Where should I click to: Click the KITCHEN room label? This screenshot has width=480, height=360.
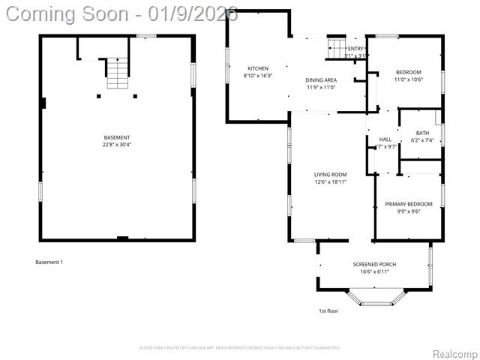pyautogui.click(x=257, y=69)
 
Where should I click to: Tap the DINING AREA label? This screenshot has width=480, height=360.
pyautogui.click(x=320, y=80)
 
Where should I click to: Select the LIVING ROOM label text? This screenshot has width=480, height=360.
pyautogui.click(x=330, y=175)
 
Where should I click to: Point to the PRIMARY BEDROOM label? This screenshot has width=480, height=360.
pyautogui.click(x=409, y=204)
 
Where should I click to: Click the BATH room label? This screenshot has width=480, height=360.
pyautogui.click(x=423, y=133)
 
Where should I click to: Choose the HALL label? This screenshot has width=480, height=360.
pyautogui.click(x=385, y=139)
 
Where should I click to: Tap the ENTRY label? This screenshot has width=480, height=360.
pyautogui.click(x=355, y=49)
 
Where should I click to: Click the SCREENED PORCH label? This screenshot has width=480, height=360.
pyautogui.click(x=374, y=265)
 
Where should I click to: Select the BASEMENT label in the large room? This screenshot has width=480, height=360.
pyautogui.click(x=117, y=138)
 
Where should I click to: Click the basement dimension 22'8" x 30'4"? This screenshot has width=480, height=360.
pyautogui.click(x=117, y=145)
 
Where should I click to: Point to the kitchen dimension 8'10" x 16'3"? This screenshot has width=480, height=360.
pyautogui.click(x=257, y=76)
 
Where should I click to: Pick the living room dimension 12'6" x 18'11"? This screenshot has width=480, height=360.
pyautogui.click(x=330, y=181)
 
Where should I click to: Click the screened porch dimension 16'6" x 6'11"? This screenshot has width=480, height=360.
pyautogui.click(x=374, y=271)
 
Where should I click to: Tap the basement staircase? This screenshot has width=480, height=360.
pyautogui.click(x=117, y=74)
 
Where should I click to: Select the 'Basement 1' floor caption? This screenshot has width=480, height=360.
pyautogui.click(x=49, y=262)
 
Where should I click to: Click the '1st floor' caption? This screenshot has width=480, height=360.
pyautogui.click(x=328, y=310)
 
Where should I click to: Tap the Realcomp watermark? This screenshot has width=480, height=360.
pyautogui.click(x=452, y=353)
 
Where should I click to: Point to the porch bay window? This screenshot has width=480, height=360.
pyautogui.click(x=374, y=299)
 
